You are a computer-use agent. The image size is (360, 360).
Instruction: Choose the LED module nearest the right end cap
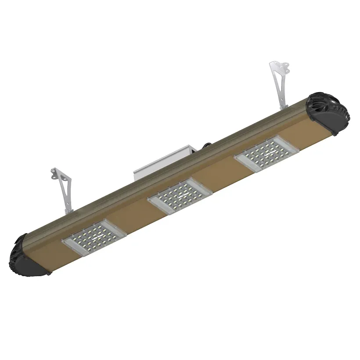(x=266, y=153)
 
